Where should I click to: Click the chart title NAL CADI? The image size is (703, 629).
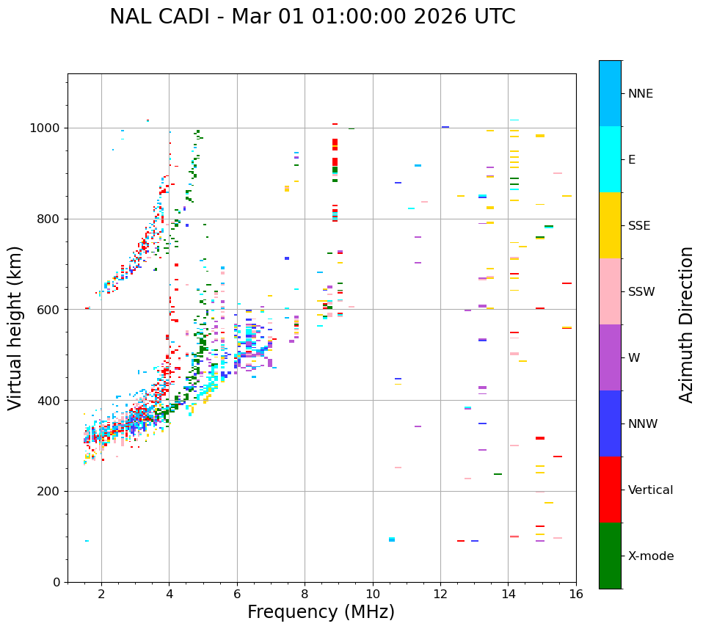point(312,17)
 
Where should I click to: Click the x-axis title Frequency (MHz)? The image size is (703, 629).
point(321,612)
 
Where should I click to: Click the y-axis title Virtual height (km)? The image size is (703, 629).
point(15,327)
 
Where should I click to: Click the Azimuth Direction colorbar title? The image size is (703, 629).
point(686,324)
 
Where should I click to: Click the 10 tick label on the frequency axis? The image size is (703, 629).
point(373,594)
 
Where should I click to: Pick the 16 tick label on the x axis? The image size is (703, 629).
point(576,594)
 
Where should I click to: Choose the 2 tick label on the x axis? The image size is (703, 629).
point(101,594)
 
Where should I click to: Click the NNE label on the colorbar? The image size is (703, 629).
point(640,94)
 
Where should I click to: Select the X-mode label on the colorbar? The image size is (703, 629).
point(650,556)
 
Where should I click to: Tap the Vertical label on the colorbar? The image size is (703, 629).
point(650,490)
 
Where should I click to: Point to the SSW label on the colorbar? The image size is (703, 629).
point(641,292)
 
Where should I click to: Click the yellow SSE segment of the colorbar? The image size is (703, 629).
point(610,225)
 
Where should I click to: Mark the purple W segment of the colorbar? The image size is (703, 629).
point(610,357)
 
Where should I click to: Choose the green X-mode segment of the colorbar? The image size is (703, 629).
point(610,556)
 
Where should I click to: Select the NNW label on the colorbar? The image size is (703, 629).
point(643,424)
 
